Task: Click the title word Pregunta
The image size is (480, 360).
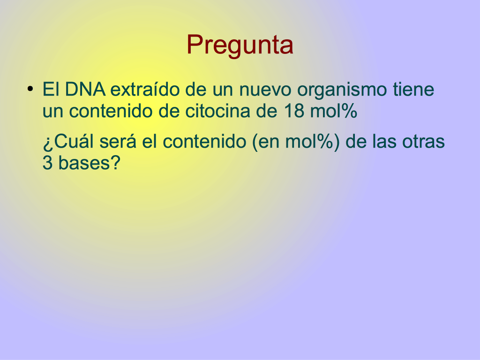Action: [x=240, y=45]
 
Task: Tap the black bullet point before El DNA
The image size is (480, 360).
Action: [x=30, y=89]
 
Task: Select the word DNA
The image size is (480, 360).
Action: [x=85, y=90]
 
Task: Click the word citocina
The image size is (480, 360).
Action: [x=218, y=111]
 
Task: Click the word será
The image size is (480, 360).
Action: [x=118, y=142]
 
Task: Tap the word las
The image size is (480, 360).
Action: [x=384, y=142]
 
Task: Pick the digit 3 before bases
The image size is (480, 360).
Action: [x=47, y=163]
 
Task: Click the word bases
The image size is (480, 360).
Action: [x=83, y=163]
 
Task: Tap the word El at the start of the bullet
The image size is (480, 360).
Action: [x=51, y=90]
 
